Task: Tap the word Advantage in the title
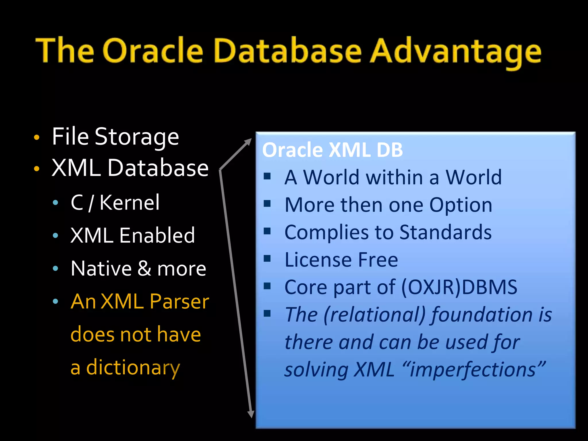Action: (455, 52)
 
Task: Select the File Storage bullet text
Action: (115, 137)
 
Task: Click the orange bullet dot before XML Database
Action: (36, 169)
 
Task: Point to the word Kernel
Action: (129, 202)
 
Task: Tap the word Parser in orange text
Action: (179, 301)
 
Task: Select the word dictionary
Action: (133, 367)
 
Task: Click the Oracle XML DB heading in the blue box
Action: (332, 150)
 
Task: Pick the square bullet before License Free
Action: (267, 259)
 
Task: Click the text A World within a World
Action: (393, 177)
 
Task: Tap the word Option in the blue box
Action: (461, 205)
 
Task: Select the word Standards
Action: (445, 232)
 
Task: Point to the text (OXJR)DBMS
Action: (459, 287)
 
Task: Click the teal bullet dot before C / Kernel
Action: (56, 203)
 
